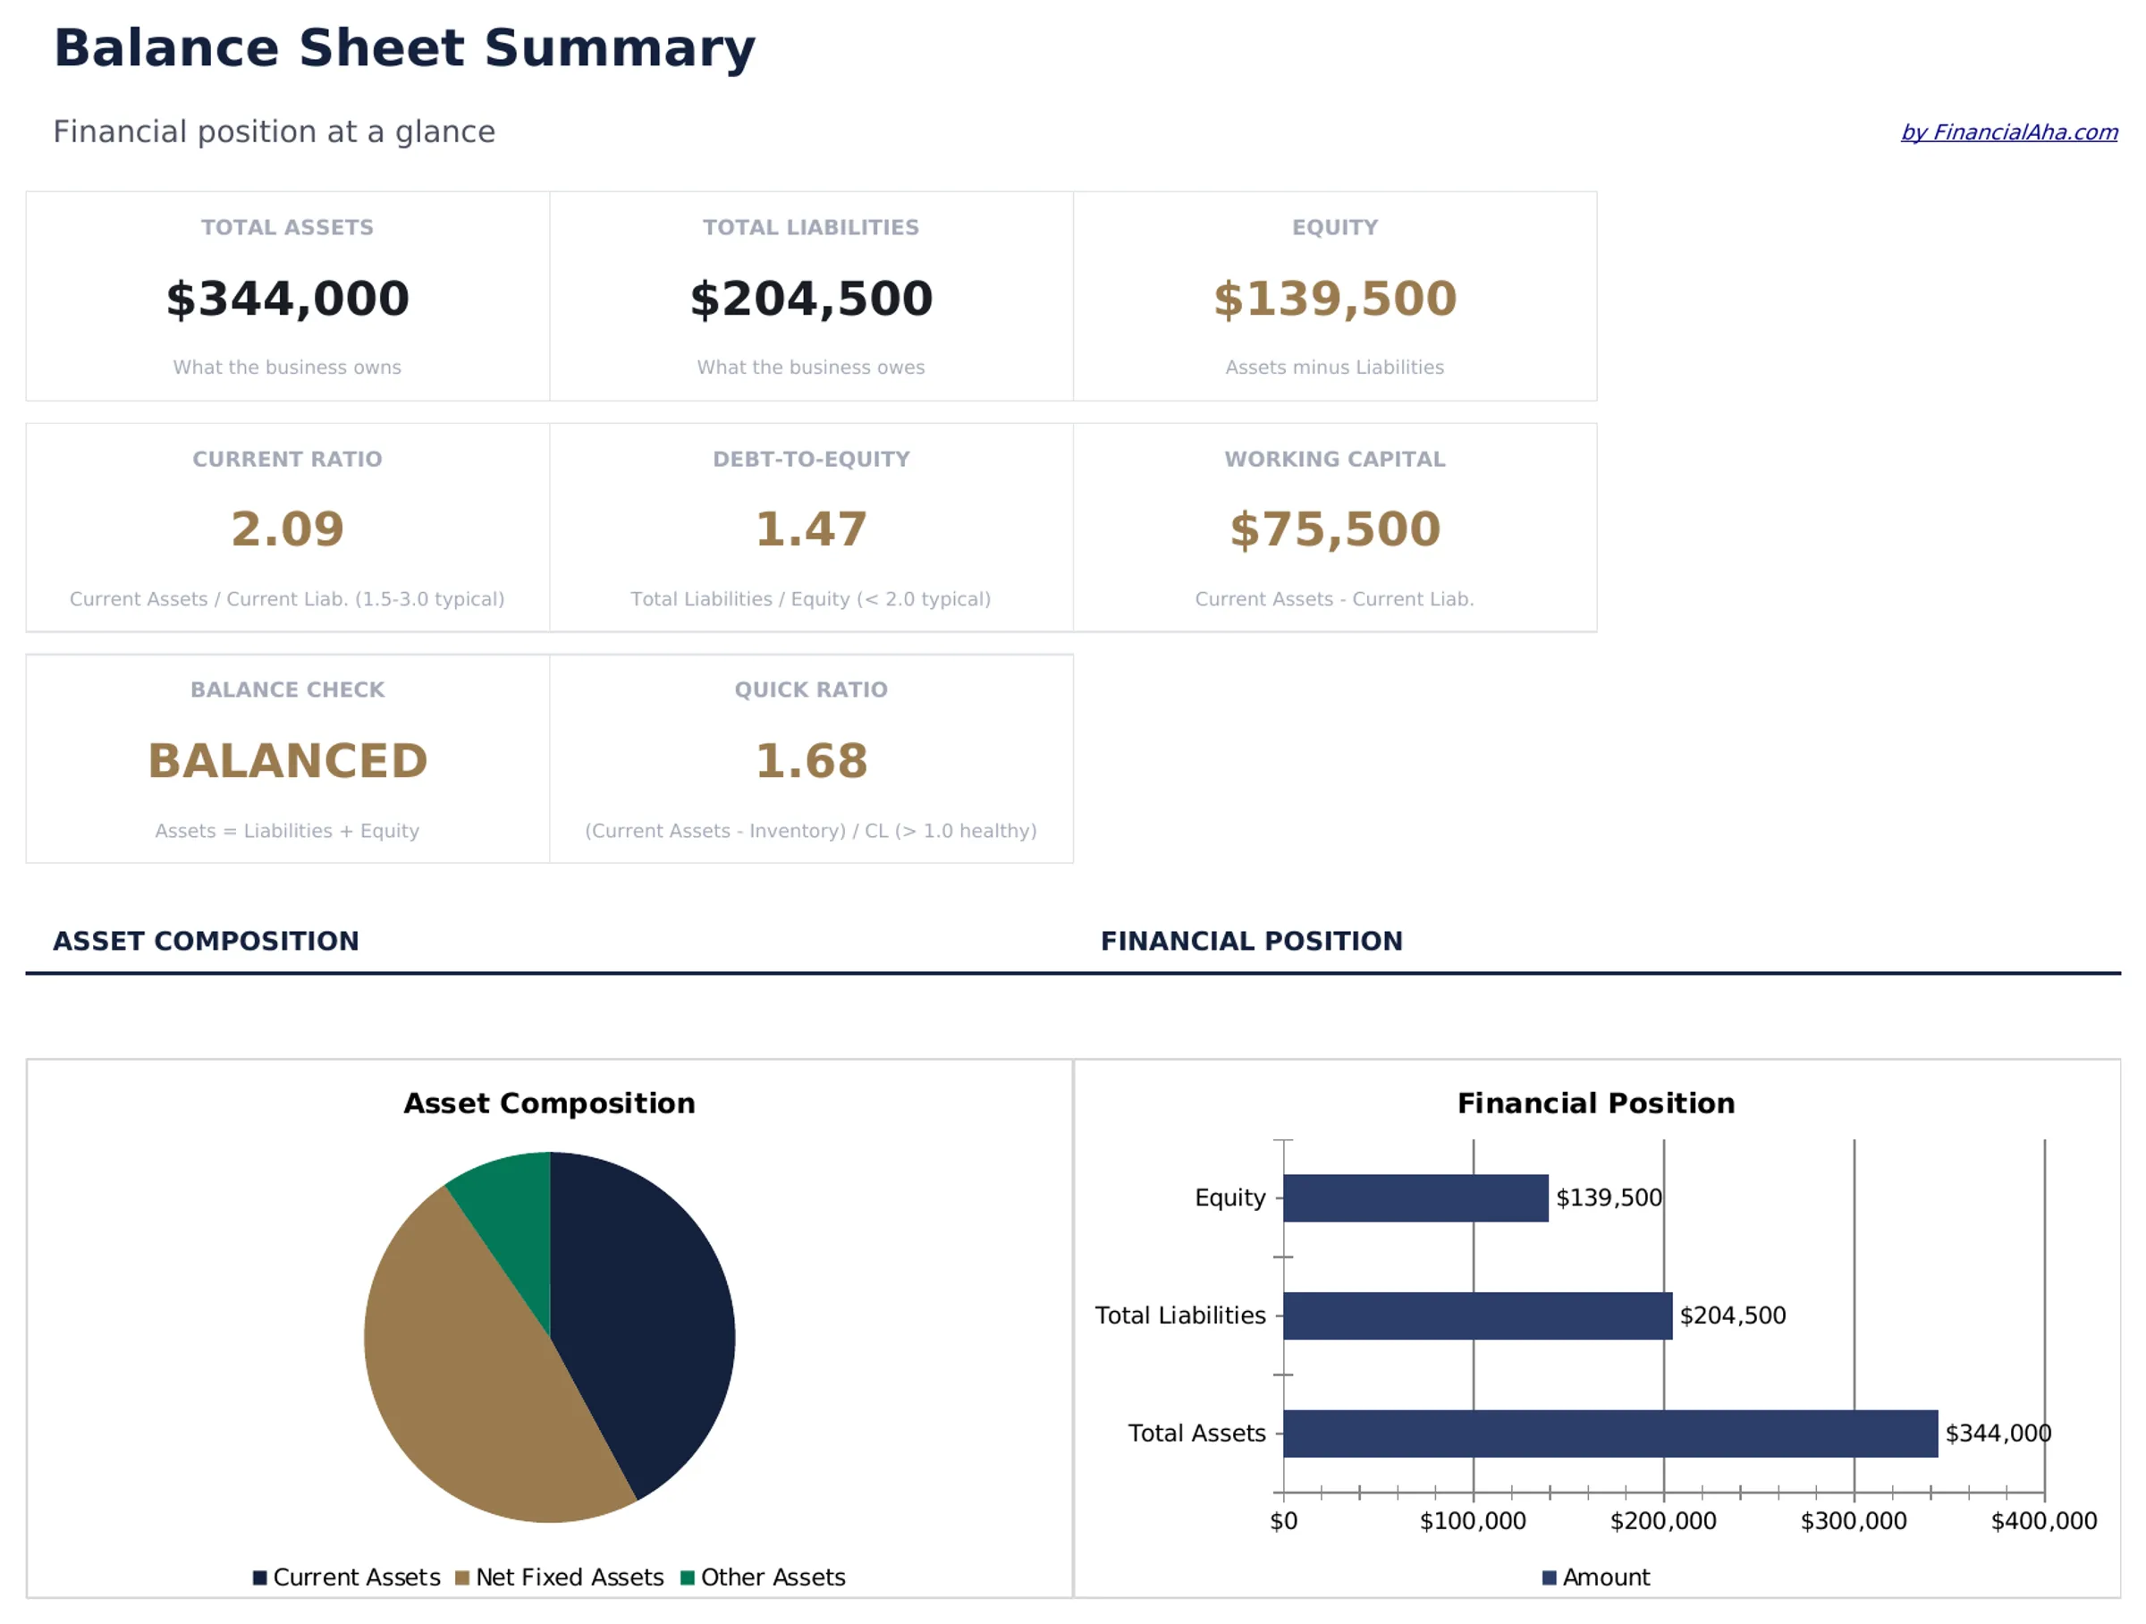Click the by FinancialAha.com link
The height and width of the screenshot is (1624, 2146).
(x=2008, y=132)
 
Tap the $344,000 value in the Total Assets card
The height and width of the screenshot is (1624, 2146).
(x=287, y=298)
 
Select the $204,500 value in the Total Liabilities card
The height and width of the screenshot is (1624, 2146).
(x=811, y=298)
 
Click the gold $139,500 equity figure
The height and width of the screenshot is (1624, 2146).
(x=1335, y=298)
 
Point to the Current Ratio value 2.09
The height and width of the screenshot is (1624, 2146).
(x=287, y=529)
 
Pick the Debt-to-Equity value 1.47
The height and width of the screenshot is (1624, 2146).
(x=811, y=529)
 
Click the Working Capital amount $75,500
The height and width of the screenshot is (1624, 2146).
(x=1335, y=529)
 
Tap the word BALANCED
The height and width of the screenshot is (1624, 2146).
(x=287, y=761)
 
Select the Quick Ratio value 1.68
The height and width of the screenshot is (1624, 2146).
(x=811, y=761)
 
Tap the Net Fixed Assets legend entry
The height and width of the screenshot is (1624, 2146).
(x=560, y=1577)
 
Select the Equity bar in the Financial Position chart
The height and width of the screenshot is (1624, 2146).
(x=1415, y=1198)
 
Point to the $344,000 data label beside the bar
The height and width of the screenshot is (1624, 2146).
(x=1998, y=1433)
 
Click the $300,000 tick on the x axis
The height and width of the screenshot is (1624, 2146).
(x=1853, y=1521)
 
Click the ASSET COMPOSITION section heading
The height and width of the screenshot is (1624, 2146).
(x=206, y=941)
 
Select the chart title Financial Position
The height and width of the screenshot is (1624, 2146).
(x=1596, y=1103)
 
